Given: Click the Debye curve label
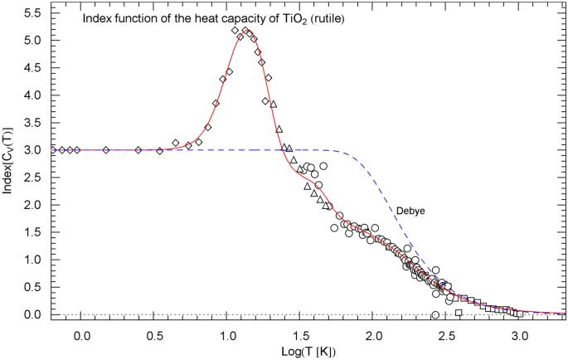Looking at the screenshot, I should [410, 212].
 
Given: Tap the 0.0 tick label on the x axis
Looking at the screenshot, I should [81, 333].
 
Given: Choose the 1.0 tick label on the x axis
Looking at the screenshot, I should [228, 333].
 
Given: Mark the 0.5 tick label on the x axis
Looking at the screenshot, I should [154, 333].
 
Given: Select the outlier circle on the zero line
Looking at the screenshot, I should [435, 315].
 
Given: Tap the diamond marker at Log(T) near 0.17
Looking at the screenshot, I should [105, 150].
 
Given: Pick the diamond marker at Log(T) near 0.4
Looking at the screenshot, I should [138, 150].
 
